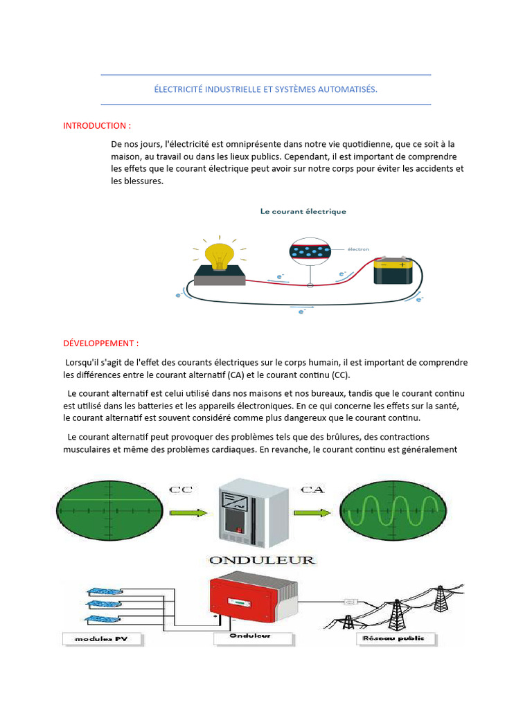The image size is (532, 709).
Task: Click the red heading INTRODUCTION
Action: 96,125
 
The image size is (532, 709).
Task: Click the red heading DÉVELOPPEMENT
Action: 100,343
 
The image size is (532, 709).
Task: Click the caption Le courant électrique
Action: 303,211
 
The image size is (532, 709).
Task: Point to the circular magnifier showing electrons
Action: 310,251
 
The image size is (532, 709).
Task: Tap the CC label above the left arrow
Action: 180,490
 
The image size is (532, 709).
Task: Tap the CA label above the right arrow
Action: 312,490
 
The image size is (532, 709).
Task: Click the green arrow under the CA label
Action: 312,513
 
